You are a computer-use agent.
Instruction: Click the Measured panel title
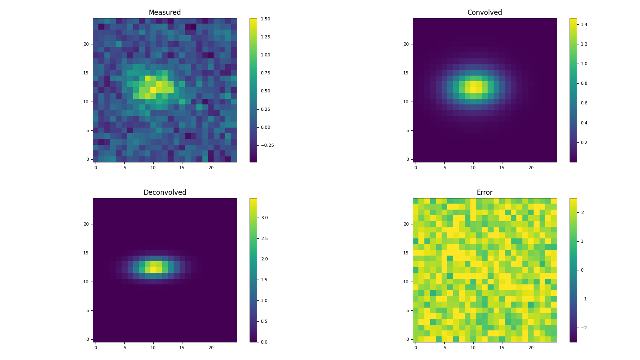[x=164, y=13]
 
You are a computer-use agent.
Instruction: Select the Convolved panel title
[x=484, y=13]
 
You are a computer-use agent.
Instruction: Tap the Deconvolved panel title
[x=164, y=193]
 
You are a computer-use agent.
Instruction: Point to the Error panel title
[x=484, y=193]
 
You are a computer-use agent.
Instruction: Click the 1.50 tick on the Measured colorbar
[x=265, y=19]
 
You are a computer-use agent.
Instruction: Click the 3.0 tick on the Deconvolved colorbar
[x=264, y=218]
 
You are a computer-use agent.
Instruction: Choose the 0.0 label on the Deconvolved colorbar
[x=264, y=342]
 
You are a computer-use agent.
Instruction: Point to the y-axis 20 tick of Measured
[x=86, y=44]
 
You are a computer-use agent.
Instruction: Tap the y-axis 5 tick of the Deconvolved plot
[x=87, y=310]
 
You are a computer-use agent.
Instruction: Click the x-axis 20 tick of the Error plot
[x=531, y=348]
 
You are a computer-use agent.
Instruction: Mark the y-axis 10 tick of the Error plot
[x=406, y=282]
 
